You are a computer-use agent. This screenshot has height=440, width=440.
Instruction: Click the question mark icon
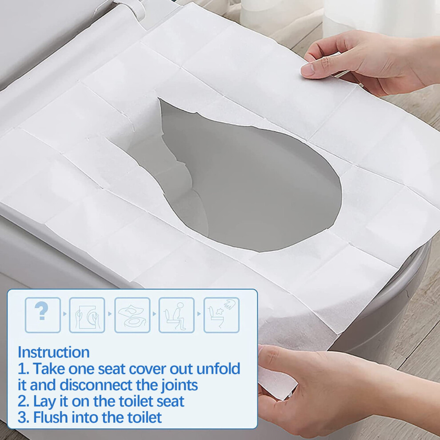click(43, 315)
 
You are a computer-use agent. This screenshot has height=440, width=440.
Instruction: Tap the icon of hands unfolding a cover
click(87, 315)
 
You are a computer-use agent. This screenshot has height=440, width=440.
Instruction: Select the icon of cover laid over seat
click(132, 315)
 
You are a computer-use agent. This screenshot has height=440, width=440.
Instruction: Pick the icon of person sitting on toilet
click(176, 315)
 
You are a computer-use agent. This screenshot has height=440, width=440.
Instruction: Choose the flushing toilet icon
click(221, 315)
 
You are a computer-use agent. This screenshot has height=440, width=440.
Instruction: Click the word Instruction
click(54, 352)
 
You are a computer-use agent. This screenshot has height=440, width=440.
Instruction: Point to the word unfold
click(218, 368)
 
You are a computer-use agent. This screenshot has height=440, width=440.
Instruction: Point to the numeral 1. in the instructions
click(23, 369)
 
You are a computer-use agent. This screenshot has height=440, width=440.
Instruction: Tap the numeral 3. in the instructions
click(23, 417)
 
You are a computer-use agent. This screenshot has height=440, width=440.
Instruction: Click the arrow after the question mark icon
click(65, 314)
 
